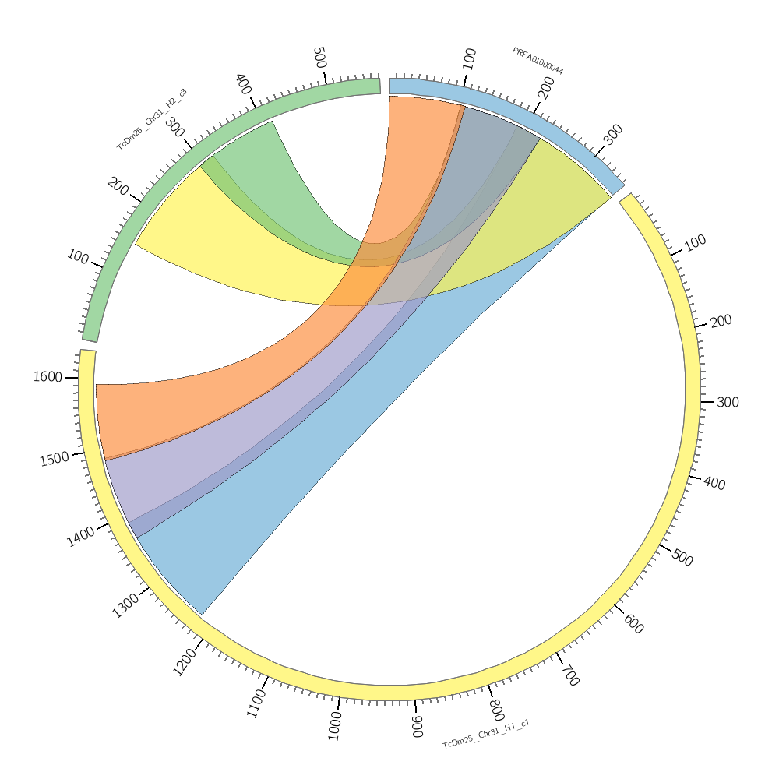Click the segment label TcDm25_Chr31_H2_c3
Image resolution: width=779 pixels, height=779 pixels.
(x=152, y=119)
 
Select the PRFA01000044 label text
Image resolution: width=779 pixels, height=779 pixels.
(x=538, y=62)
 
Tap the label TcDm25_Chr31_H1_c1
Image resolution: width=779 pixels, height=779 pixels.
(x=486, y=735)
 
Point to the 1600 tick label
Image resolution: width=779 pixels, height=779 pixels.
(x=48, y=377)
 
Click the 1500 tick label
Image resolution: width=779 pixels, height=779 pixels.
(x=55, y=459)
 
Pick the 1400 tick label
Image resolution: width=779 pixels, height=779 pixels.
(x=81, y=536)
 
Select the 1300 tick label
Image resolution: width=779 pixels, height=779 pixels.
(x=125, y=605)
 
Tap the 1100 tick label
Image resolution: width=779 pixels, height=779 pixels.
(x=256, y=703)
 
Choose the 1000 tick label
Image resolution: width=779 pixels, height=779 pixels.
(x=336, y=725)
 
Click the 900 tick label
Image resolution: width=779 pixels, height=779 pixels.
(x=418, y=727)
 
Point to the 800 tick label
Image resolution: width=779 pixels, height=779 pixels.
(x=496, y=710)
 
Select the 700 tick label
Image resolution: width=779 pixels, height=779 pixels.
(x=569, y=674)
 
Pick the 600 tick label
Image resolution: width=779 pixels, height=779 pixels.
(x=633, y=623)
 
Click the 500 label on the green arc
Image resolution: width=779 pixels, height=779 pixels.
(x=319, y=58)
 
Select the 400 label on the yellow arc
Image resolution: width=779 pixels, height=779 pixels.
(x=714, y=484)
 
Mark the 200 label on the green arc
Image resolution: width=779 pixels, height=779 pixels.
(x=118, y=186)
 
